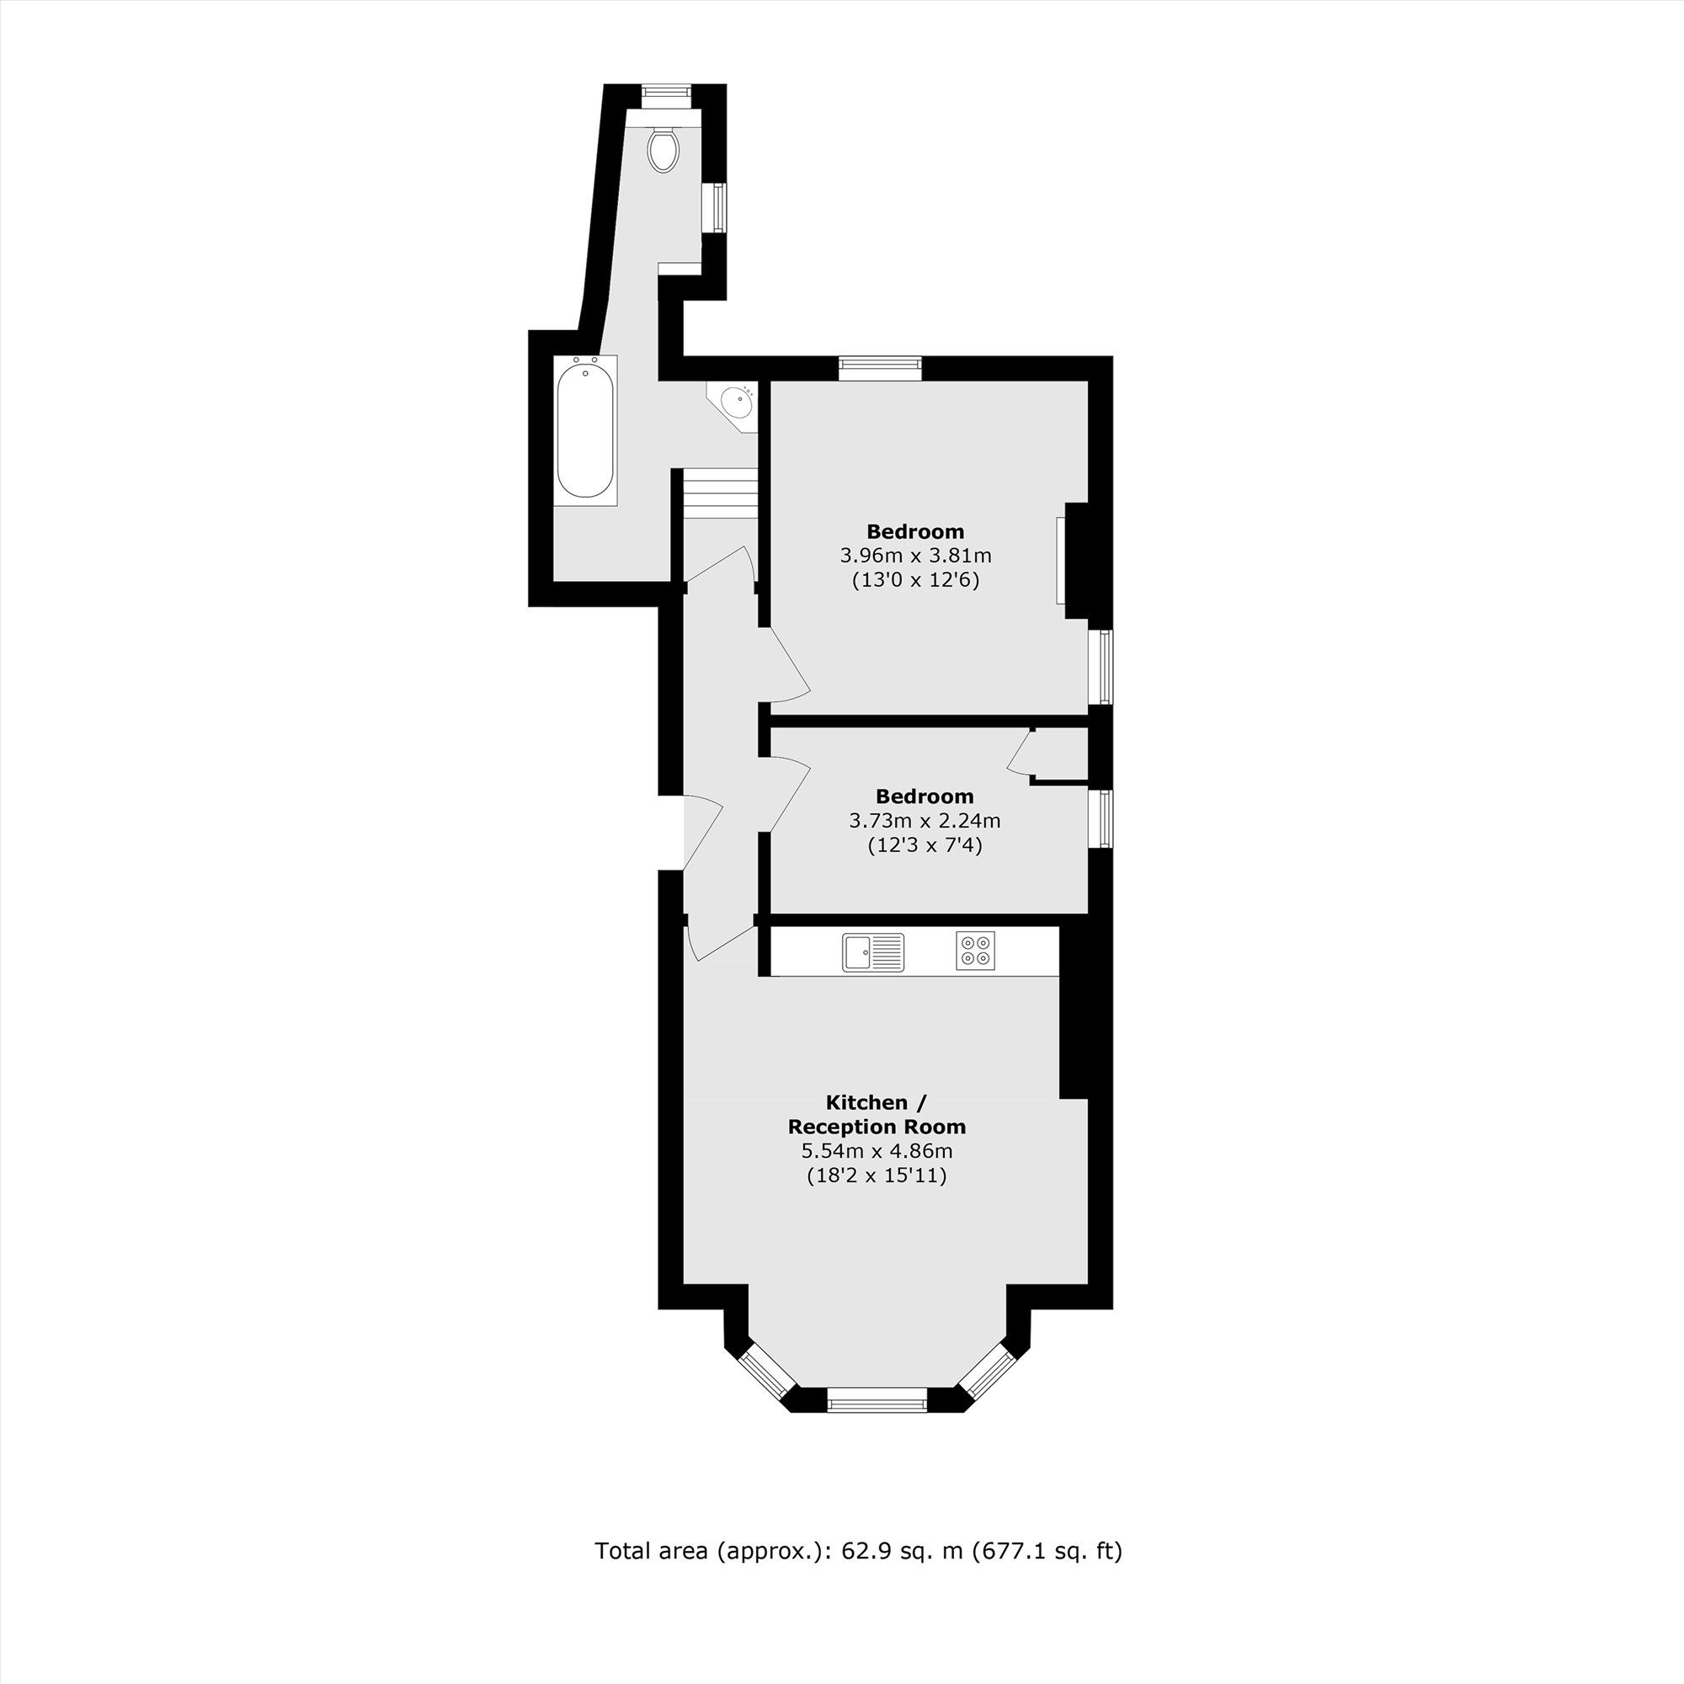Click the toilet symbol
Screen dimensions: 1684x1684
coord(663,149)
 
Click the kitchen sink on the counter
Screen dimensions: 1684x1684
coord(873,951)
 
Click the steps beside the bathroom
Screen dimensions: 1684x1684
coord(719,493)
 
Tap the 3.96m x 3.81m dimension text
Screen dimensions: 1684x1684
coord(915,555)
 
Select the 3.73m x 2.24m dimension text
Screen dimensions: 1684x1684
coord(924,820)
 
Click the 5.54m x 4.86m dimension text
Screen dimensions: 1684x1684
coord(877,1150)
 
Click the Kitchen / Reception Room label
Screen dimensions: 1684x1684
coord(877,1114)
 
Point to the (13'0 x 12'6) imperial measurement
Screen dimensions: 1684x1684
coord(915,579)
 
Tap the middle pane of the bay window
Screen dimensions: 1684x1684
coord(877,1404)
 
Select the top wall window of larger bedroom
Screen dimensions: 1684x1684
coord(880,368)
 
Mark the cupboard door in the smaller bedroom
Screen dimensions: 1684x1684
coord(1018,750)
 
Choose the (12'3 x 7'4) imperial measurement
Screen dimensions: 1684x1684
coord(924,845)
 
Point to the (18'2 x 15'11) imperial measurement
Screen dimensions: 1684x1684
coord(877,1175)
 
